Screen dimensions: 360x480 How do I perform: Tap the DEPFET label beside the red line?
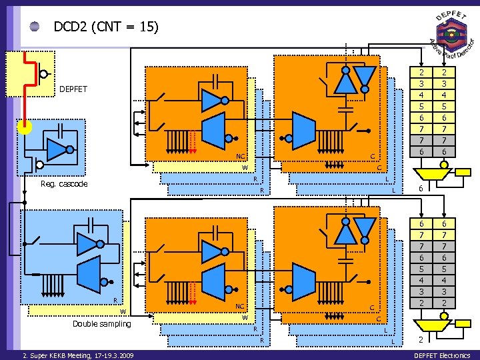pyautogui.click(x=73, y=89)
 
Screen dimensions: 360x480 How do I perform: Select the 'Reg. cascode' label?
pyautogui.click(x=64, y=184)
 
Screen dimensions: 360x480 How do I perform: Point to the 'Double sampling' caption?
pyautogui.click(x=101, y=324)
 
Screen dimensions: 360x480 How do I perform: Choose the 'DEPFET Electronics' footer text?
pyautogui.click(x=442, y=355)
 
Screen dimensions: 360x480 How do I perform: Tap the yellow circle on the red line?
pyautogui.click(x=24, y=127)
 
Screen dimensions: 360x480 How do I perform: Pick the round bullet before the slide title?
pyautogui.click(x=35, y=27)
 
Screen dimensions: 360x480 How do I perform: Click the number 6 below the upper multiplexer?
pyautogui.click(x=421, y=189)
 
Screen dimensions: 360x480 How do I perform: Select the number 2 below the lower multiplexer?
pyautogui.click(x=421, y=341)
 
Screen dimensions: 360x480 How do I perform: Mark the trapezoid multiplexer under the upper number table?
pyautogui.click(x=431, y=171)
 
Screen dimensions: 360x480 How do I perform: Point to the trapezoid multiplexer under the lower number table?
pyautogui.click(x=431, y=323)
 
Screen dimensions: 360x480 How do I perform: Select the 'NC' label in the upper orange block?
pyautogui.click(x=241, y=157)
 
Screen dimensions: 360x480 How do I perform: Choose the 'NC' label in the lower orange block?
pyautogui.click(x=241, y=307)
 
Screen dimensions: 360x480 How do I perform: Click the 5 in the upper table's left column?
pyautogui.click(x=421, y=106)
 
